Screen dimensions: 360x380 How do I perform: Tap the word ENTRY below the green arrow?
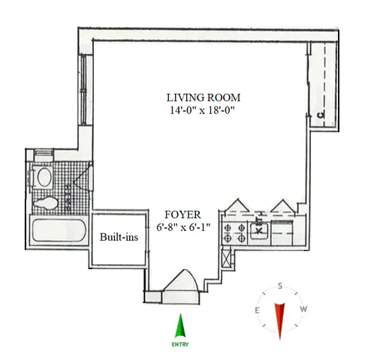pos(179,344)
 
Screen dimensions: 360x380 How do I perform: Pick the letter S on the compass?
pos(281,286)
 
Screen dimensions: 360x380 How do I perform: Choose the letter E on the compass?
pos(258,310)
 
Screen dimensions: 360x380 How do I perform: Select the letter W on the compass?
pos(304,310)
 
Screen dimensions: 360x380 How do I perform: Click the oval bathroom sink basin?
pos(44,178)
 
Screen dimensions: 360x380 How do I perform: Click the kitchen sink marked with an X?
pos(259,227)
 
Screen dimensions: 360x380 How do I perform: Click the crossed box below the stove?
pos(228,258)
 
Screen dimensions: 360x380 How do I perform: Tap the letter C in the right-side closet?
pos(320,114)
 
